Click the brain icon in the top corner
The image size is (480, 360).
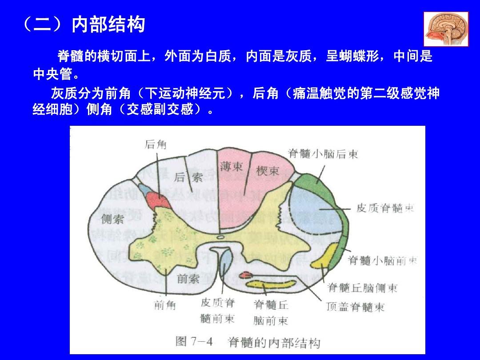[446, 30]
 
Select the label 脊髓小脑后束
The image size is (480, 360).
[323, 154]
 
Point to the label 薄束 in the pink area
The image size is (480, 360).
[231, 167]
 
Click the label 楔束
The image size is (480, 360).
[268, 171]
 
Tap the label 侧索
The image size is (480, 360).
[112, 219]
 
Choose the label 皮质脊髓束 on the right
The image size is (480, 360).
[385, 208]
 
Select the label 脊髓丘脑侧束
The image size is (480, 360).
[362, 288]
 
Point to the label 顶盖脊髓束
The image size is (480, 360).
[355, 307]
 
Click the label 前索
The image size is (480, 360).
[188, 279]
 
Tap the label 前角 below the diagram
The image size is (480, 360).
[165, 305]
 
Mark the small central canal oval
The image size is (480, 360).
[221, 237]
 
